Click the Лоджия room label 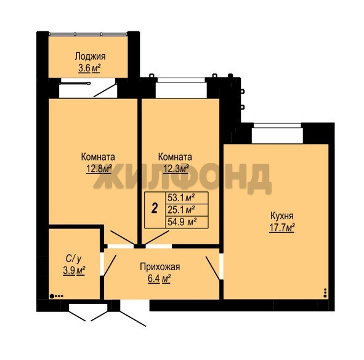coord(90,57)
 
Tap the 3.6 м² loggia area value coord(89,68)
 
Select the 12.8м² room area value coord(99,169)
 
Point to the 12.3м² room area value coord(176,169)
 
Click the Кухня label coord(282,216)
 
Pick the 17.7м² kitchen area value coord(282,228)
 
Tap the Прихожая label coord(160,267)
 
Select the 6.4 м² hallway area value coord(160,279)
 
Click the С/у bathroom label coord(74,258)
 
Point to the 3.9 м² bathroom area coord(74,271)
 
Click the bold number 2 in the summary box coord(155,208)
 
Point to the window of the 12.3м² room coord(181,88)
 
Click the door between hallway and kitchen coord(212,268)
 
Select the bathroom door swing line coord(110,266)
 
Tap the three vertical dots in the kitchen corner coord(325,293)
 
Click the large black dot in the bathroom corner coord(52,296)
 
